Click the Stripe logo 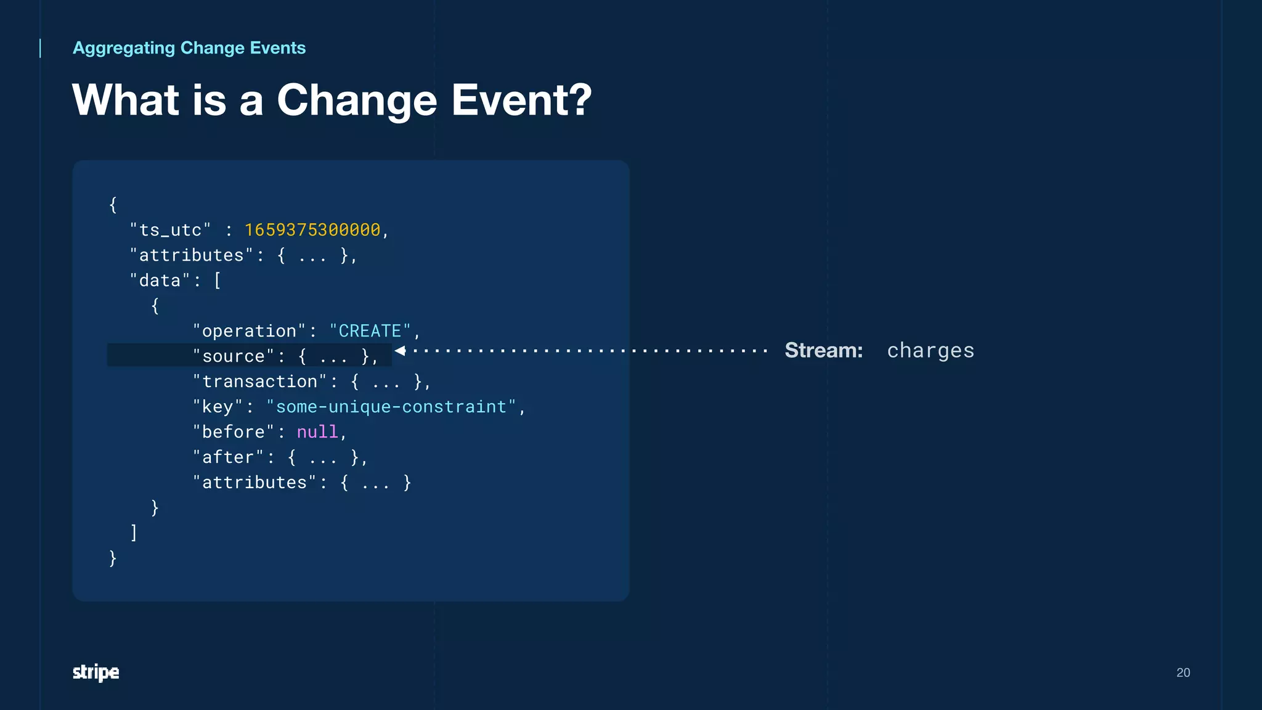96,672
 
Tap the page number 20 1183,672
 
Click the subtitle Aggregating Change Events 189,48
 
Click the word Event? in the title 521,100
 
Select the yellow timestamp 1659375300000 312,230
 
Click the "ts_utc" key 170,230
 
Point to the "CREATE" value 370,331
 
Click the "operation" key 249,331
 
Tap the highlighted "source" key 233,356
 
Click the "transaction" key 259,382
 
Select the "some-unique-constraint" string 391,407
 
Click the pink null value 317,432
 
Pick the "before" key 233,432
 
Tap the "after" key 228,457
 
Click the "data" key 160,280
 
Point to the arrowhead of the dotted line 400,351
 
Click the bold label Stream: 823,350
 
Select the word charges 930,350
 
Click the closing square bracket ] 134,532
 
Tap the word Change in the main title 357,100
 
